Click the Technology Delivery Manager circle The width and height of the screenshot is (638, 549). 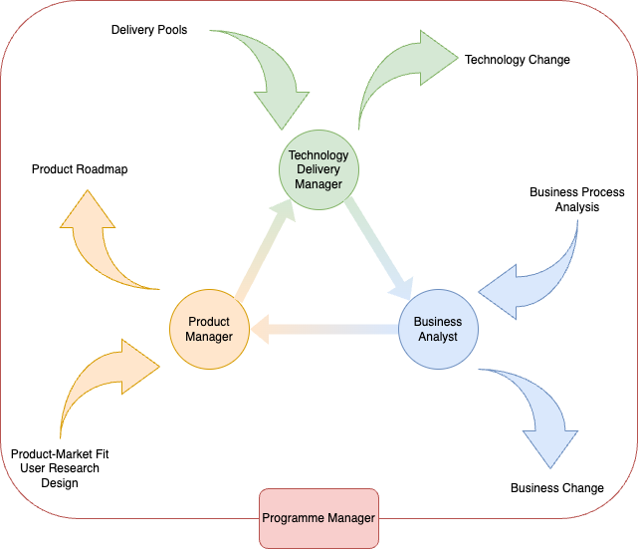tap(319, 169)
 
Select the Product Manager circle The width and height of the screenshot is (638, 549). tap(208, 329)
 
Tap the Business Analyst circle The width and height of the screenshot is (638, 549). tap(438, 329)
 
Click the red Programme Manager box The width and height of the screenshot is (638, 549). tap(319, 518)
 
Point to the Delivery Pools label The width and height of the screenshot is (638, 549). tap(149, 30)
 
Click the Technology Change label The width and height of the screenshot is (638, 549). tap(518, 60)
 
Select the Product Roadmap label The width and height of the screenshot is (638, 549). tap(80, 169)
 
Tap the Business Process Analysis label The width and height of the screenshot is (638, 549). tap(577, 199)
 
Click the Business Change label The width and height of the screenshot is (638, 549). tap(557, 488)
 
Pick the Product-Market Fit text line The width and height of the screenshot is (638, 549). tap(60, 453)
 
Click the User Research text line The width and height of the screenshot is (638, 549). tap(60, 468)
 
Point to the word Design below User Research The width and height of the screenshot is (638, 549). tap(60, 483)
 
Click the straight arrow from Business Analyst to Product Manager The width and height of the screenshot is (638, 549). tap(323, 329)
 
